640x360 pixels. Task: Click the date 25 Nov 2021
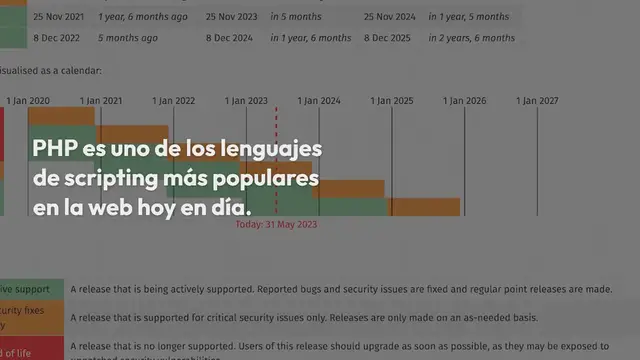(x=58, y=17)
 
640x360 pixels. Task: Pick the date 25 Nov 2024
(x=390, y=17)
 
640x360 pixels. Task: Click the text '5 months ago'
(x=129, y=37)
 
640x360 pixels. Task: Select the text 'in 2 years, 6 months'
(x=472, y=37)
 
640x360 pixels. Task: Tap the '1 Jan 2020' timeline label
(x=28, y=101)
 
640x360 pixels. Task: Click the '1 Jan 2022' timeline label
(x=173, y=101)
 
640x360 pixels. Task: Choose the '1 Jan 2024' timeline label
(x=319, y=101)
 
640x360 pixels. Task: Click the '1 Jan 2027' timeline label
(x=537, y=101)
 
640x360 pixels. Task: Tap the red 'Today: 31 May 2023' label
(x=276, y=225)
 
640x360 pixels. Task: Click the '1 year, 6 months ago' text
(x=144, y=17)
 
